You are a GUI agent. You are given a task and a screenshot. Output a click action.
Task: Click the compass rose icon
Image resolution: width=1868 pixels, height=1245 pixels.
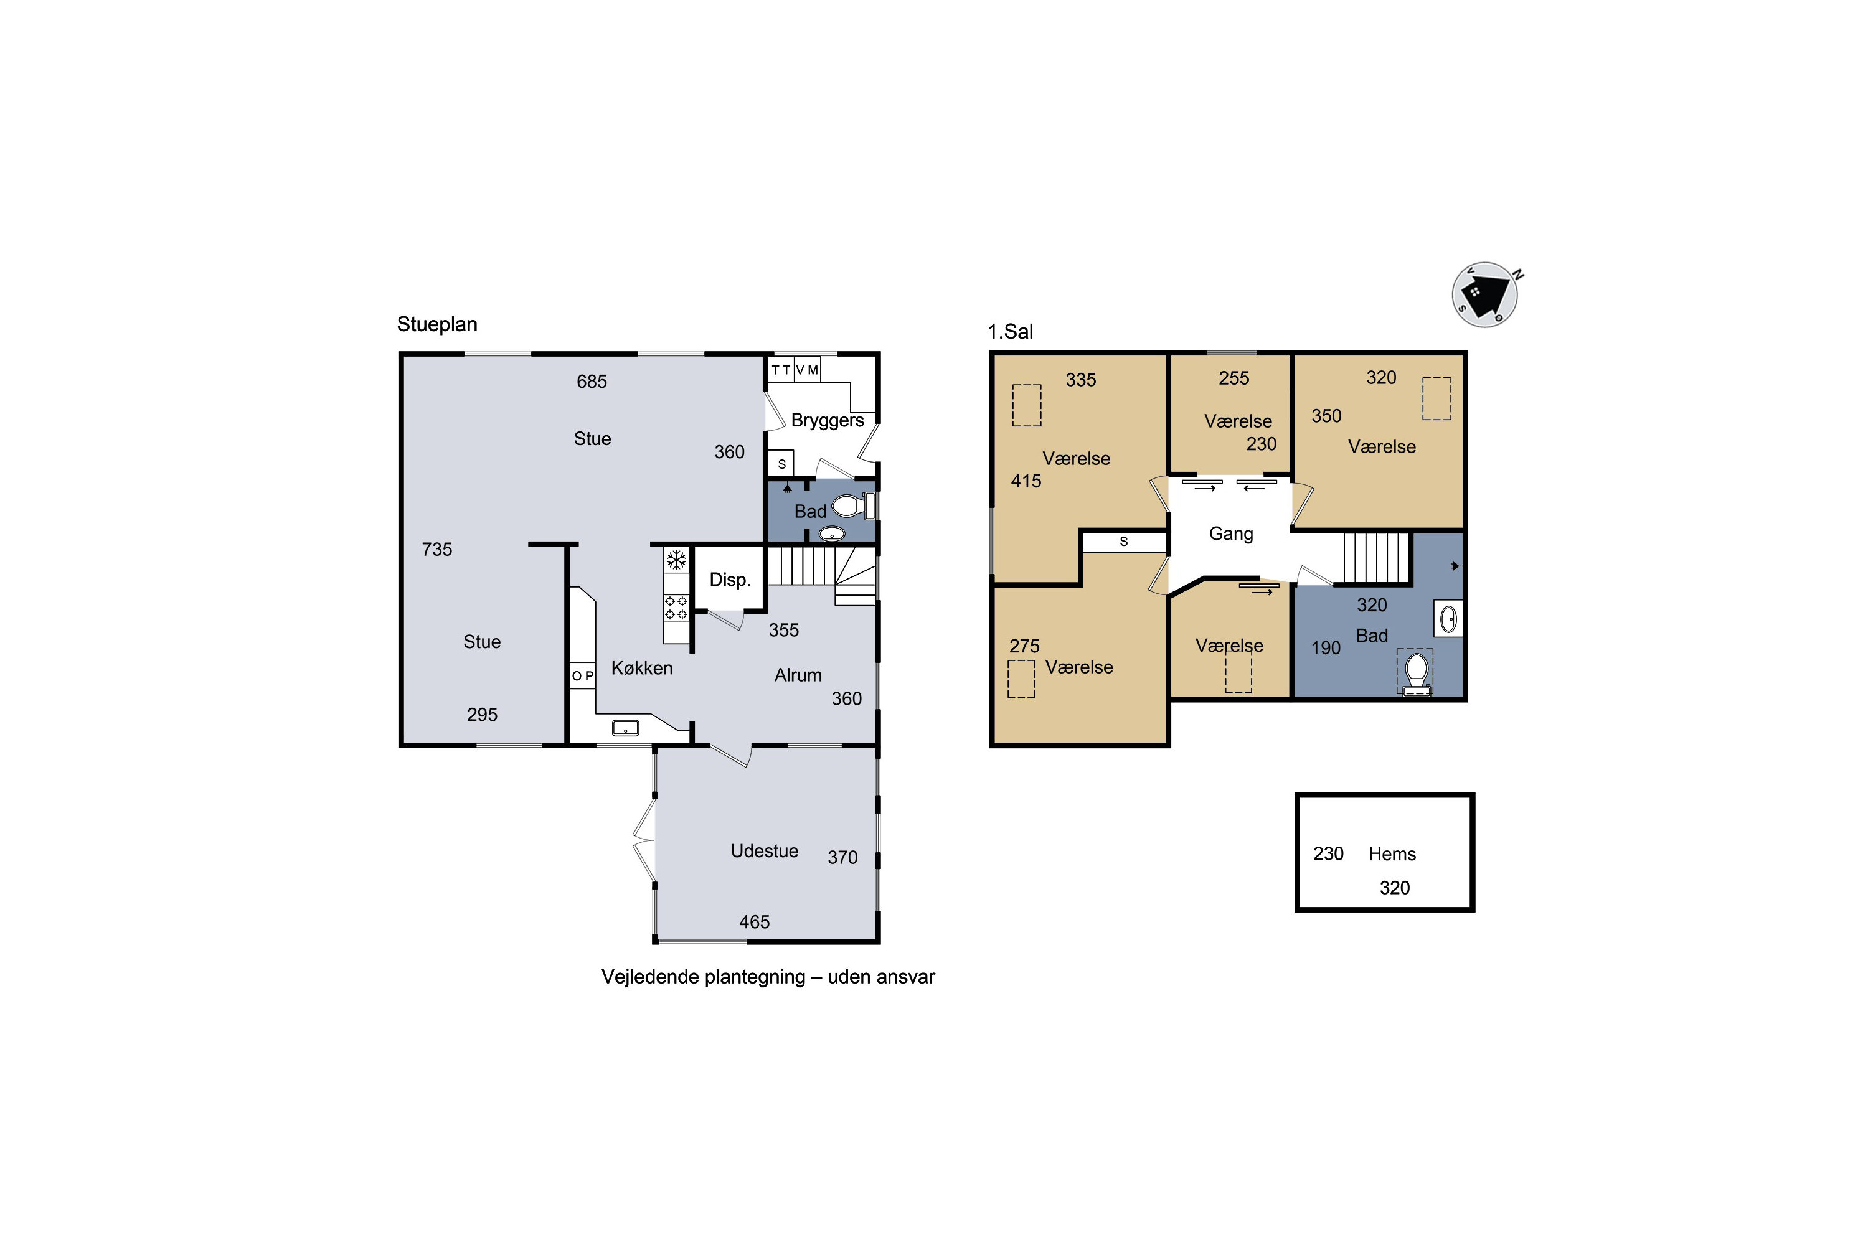click(1485, 294)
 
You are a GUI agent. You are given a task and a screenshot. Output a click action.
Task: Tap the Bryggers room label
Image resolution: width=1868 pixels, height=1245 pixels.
click(828, 421)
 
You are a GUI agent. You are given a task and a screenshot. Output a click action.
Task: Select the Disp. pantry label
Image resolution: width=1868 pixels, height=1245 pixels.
click(730, 580)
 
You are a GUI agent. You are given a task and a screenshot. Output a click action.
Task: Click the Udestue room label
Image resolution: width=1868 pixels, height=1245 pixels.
click(765, 851)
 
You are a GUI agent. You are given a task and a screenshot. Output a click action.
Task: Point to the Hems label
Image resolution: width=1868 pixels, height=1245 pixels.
click(1392, 854)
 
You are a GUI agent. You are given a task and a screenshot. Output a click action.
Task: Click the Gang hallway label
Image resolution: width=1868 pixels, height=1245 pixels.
click(1231, 534)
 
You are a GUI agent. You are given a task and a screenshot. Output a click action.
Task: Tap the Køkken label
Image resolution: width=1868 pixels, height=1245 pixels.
click(642, 669)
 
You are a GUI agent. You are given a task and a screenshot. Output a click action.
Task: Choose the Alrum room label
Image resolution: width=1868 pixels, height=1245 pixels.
click(798, 675)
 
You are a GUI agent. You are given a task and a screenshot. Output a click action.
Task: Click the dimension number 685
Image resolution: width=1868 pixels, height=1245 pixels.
click(592, 382)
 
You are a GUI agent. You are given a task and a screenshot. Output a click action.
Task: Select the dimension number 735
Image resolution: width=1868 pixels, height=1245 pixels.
click(437, 550)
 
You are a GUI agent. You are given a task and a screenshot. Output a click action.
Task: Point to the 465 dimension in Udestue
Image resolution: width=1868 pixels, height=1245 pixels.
click(755, 922)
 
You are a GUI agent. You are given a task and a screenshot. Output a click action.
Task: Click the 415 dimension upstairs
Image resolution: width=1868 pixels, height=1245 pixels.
click(1026, 481)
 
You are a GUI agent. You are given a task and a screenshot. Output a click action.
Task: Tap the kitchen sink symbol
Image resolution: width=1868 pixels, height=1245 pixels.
click(625, 727)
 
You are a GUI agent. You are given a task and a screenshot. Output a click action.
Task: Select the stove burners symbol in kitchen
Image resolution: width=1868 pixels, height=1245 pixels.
click(676, 608)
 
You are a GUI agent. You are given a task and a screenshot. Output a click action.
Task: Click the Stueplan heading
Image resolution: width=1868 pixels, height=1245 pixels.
click(437, 325)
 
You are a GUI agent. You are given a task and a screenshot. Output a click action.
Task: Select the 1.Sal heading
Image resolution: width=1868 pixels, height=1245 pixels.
click(1010, 332)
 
